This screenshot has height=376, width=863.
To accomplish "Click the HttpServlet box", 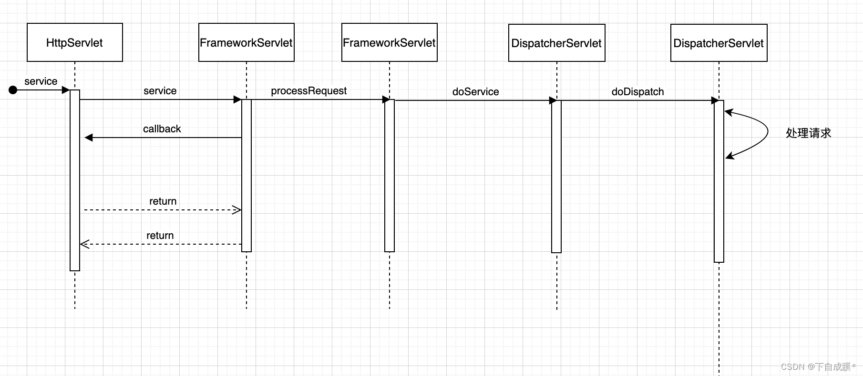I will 75,42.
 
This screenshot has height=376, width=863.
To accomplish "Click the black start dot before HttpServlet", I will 13,90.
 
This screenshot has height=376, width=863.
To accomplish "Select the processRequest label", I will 308,91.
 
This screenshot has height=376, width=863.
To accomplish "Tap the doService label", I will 475,92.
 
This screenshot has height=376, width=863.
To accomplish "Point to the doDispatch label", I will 637,92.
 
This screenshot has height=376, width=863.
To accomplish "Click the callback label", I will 162,129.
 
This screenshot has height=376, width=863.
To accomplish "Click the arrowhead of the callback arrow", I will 89,138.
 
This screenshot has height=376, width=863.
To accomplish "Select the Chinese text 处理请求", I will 808,133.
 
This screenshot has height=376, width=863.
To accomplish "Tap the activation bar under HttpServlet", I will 75,181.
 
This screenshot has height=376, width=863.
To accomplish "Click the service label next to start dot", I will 41,81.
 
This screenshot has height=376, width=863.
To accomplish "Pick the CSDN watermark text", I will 818,366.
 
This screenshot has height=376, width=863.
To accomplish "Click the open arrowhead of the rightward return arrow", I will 236,210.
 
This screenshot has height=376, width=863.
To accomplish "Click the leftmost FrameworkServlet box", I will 247,42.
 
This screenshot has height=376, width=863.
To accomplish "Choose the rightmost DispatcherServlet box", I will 719,43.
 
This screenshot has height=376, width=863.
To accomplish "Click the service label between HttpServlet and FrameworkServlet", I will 160,91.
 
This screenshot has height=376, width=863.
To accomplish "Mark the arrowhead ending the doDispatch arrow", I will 715,100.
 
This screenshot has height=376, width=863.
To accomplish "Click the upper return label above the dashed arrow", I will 163,201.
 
